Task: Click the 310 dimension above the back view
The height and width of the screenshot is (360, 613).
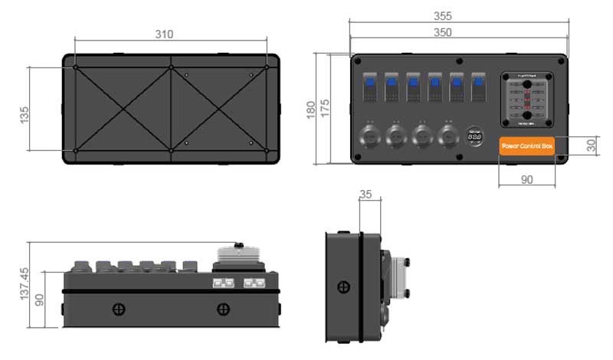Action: coord(164,34)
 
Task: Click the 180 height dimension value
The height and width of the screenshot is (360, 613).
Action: coord(310,108)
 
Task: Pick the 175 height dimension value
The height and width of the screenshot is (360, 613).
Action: coord(326,108)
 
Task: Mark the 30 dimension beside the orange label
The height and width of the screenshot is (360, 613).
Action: coord(591,145)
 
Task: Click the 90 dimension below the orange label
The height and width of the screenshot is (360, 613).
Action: coord(526,179)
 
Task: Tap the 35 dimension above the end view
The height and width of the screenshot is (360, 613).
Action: coord(366,195)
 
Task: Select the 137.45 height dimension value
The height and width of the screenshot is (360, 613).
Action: coord(24,283)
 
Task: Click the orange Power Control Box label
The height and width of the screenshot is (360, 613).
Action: coord(526,146)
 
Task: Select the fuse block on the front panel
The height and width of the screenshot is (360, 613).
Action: coord(528,100)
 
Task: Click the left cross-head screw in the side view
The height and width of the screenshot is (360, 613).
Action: coord(119,309)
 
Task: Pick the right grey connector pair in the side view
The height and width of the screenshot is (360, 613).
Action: coord(254,283)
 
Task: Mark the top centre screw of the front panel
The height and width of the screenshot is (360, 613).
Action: coord(458,61)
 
